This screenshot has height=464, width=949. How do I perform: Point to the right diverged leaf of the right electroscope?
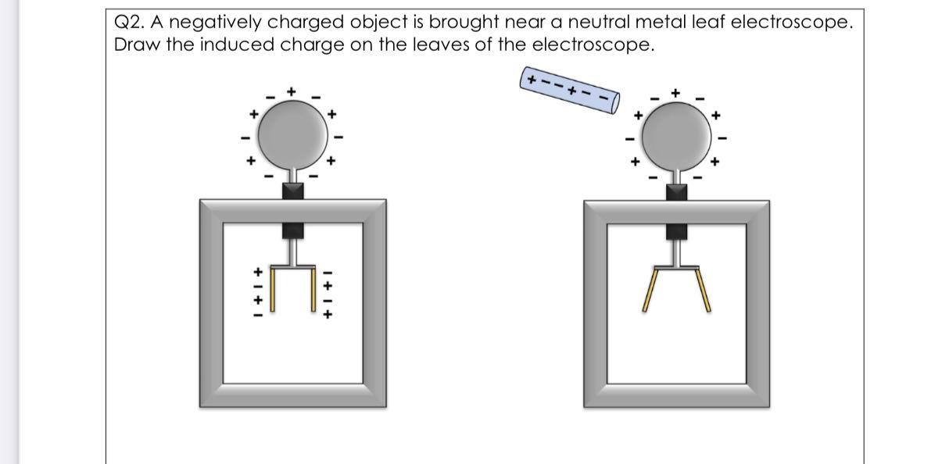tap(704, 290)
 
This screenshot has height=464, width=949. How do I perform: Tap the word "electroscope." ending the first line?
tap(790, 23)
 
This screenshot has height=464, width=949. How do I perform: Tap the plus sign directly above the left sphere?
tap(292, 91)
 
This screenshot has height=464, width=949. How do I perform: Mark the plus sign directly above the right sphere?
tap(677, 92)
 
